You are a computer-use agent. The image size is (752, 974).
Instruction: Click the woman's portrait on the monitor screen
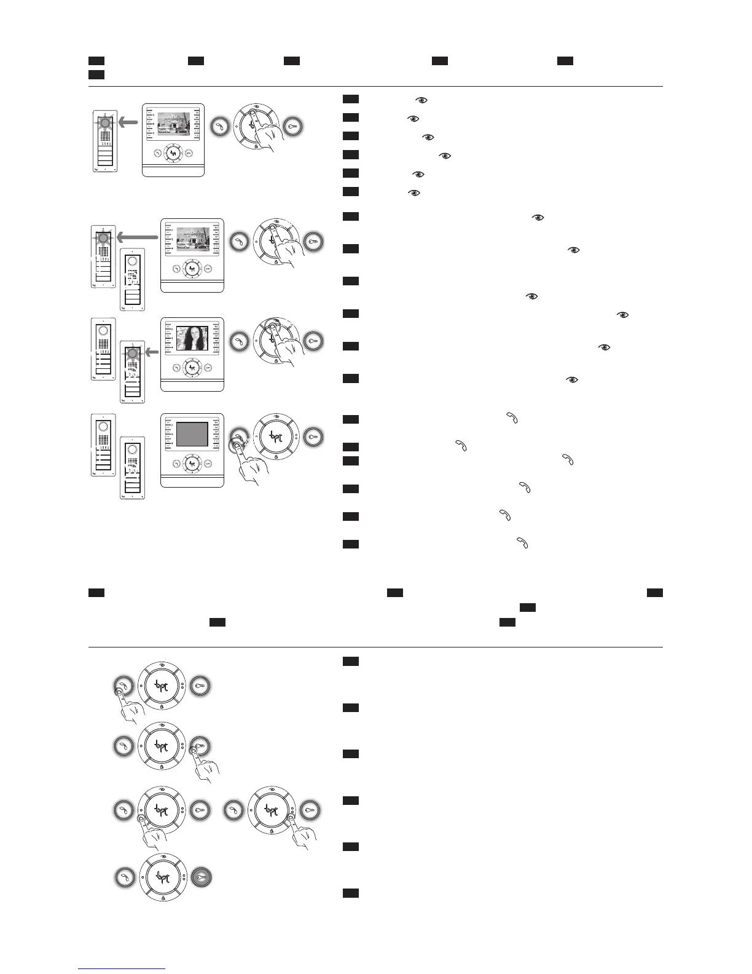192,339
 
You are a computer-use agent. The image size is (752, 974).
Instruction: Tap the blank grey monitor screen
192,434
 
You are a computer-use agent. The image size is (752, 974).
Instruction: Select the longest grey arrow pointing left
138,237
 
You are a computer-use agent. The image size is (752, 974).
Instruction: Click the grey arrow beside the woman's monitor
152,352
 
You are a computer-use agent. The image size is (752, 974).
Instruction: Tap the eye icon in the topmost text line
421,100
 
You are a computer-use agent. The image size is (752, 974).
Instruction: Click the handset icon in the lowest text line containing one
523,542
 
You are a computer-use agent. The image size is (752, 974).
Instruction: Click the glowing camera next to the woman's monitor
131,352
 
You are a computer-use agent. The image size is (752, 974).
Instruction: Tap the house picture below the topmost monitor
193,239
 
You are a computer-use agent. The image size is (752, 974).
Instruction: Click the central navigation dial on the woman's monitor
192,368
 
